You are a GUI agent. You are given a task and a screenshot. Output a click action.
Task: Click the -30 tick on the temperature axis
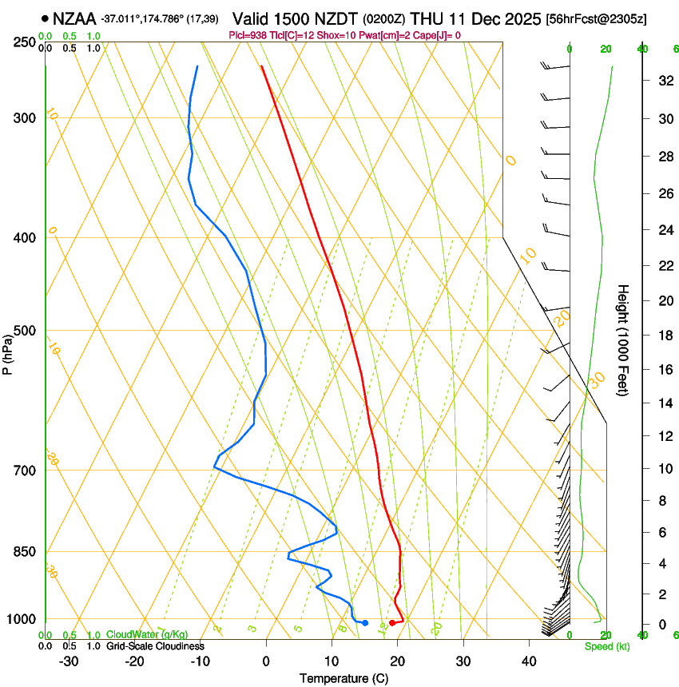(x=69, y=661)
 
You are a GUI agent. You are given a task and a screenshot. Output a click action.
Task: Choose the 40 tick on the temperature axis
(x=529, y=661)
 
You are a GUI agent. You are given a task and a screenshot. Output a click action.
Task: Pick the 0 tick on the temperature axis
(x=266, y=661)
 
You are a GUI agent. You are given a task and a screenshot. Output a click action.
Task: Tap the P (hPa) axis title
(x=7, y=351)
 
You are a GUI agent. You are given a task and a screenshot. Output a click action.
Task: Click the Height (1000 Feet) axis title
(x=624, y=340)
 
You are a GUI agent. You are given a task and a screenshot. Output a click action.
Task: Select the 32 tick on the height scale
(x=663, y=81)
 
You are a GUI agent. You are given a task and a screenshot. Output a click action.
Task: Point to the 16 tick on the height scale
(x=663, y=370)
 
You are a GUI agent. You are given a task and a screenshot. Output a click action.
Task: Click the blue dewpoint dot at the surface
(x=365, y=623)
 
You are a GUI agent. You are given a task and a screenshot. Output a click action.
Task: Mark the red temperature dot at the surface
(x=392, y=623)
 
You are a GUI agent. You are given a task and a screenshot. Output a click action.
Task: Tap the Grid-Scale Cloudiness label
(x=155, y=646)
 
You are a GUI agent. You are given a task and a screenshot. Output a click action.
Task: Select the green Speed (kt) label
(x=606, y=646)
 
